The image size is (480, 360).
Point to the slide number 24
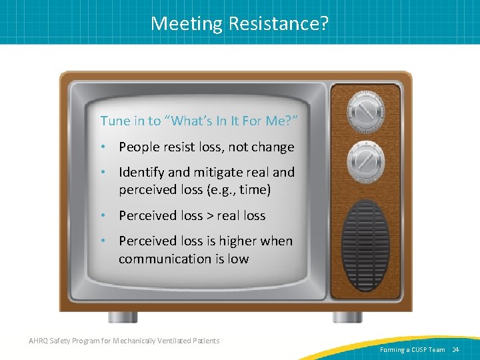pyautogui.click(x=456, y=349)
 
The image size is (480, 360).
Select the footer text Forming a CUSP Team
pyautogui.click(x=413, y=349)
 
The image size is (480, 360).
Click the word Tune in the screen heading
pyautogui.click(x=113, y=121)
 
